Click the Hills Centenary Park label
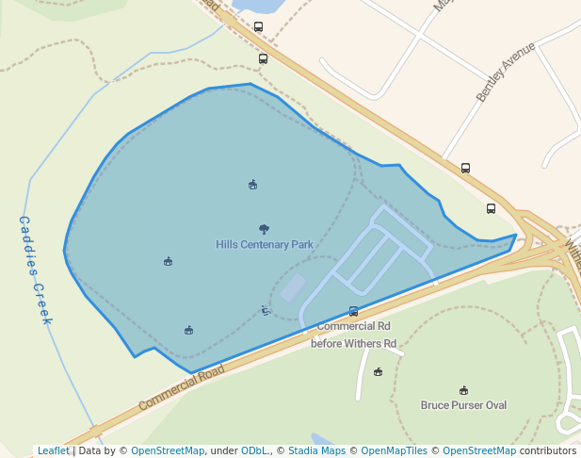pos(265,245)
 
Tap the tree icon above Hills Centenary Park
pos(264,229)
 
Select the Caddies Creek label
pos(36,270)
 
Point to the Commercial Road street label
pos(182,387)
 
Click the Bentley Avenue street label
pos(506,72)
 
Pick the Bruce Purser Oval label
pos(463,405)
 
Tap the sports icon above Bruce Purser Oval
pos(463,390)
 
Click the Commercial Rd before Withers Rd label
pos(354,335)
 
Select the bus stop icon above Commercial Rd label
pos(354,311)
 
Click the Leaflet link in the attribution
pos(54,450)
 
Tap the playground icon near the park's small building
pos(266,309)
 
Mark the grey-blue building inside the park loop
pos(293,286)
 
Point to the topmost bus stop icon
pos(259,27)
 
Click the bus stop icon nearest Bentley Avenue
pos(465,168)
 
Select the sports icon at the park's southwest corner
pos(189,330)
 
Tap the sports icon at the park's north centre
pos(252,185)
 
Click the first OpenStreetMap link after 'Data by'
pos(168,450)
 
